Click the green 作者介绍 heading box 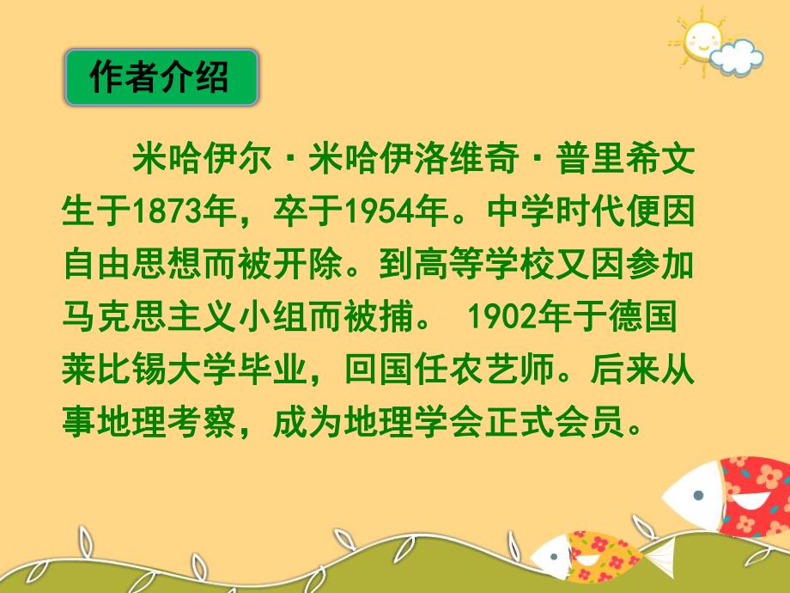click(161, 78)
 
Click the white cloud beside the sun click(736, 58)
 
